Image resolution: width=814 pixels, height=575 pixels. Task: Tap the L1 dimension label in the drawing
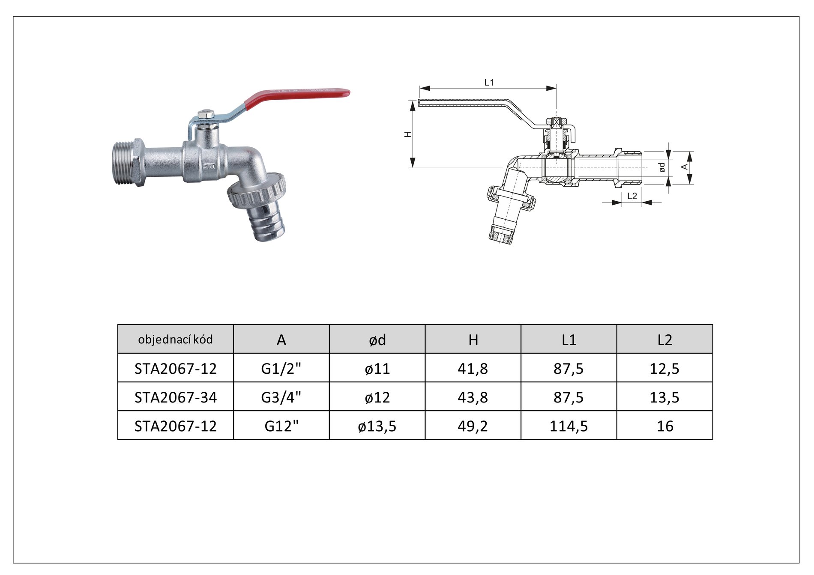489,82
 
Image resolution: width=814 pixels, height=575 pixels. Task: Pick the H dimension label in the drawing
408,134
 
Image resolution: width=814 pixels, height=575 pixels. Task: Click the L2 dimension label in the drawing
632,196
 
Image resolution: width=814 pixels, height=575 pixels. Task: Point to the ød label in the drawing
662,167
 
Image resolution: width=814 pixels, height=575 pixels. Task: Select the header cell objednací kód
175,339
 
